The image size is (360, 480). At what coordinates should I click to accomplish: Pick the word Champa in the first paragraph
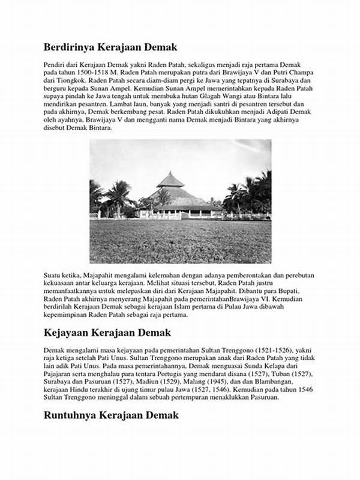point(302,72)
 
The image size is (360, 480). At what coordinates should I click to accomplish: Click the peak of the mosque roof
point(171,173)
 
